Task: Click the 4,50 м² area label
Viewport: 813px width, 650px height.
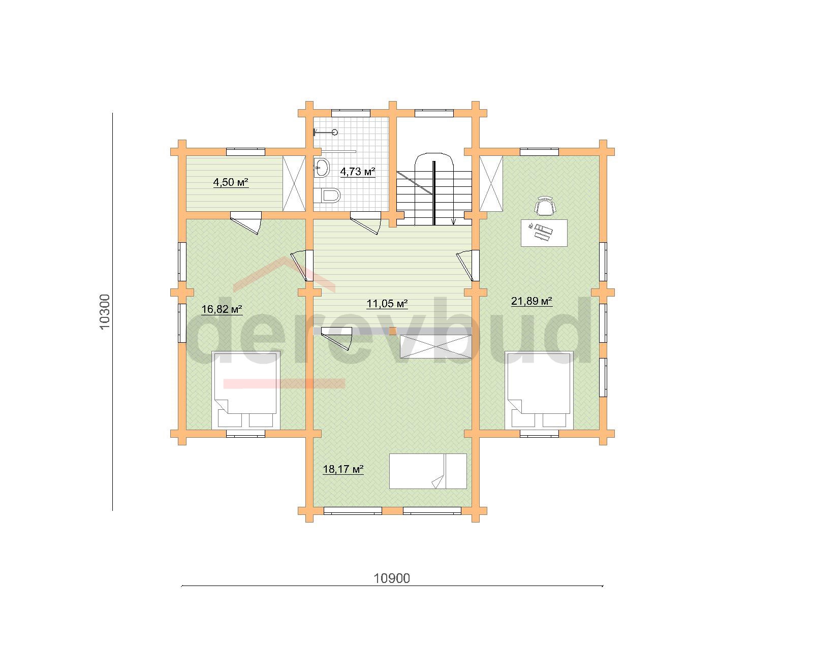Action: coord(231,183)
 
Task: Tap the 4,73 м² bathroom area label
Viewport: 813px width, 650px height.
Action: coord(357,172)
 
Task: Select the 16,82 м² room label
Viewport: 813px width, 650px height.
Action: coord(222,309)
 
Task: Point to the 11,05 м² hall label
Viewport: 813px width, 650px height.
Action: coord(387,304)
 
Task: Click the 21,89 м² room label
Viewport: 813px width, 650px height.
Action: coord(532,301)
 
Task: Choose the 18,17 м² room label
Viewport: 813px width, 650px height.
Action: coord(343,469)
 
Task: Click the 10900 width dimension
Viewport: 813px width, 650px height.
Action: coord(392,578)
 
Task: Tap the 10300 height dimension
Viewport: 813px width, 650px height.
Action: coord(105,312)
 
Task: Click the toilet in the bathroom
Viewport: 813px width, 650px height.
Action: coord(327,196)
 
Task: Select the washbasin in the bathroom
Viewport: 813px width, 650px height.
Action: coord(322,167)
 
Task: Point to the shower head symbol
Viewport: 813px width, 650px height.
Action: coord(325,132)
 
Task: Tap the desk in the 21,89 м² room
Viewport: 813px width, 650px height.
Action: coord(544,233)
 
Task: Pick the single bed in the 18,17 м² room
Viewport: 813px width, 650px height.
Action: coord(428,471)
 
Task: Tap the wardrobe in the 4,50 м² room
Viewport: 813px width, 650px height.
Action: coord(294,183)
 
